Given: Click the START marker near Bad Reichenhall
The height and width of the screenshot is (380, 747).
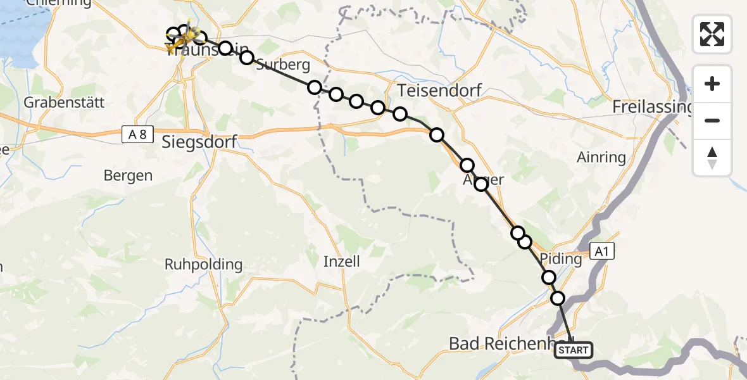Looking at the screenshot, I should pyautogui.click(x=574, y=350).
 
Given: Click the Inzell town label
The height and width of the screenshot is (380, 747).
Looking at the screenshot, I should pyautogui.click(x=341, y=261).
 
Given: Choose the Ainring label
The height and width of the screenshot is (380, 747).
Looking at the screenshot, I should pyautogui.click(x=601, y=157).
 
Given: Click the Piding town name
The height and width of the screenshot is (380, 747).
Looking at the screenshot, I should pyautogui.click(x=562, y=259).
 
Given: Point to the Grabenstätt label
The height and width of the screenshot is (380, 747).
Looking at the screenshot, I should pyautogui.click(x=63, y=102).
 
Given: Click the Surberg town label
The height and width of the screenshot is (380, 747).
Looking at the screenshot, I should pyautogui.click(x=283, y=65).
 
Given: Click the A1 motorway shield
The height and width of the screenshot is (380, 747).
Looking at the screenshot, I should pyautogui.click(x=601, y=251).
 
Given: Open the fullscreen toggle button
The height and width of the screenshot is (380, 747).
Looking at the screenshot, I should pyautogui.click(x=712, y=34).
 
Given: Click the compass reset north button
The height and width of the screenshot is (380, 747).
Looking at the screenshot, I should pyautogui.click(x=712, y=158).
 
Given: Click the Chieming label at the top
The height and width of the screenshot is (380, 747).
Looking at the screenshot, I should pyautogui.click(x=59, y=3).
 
